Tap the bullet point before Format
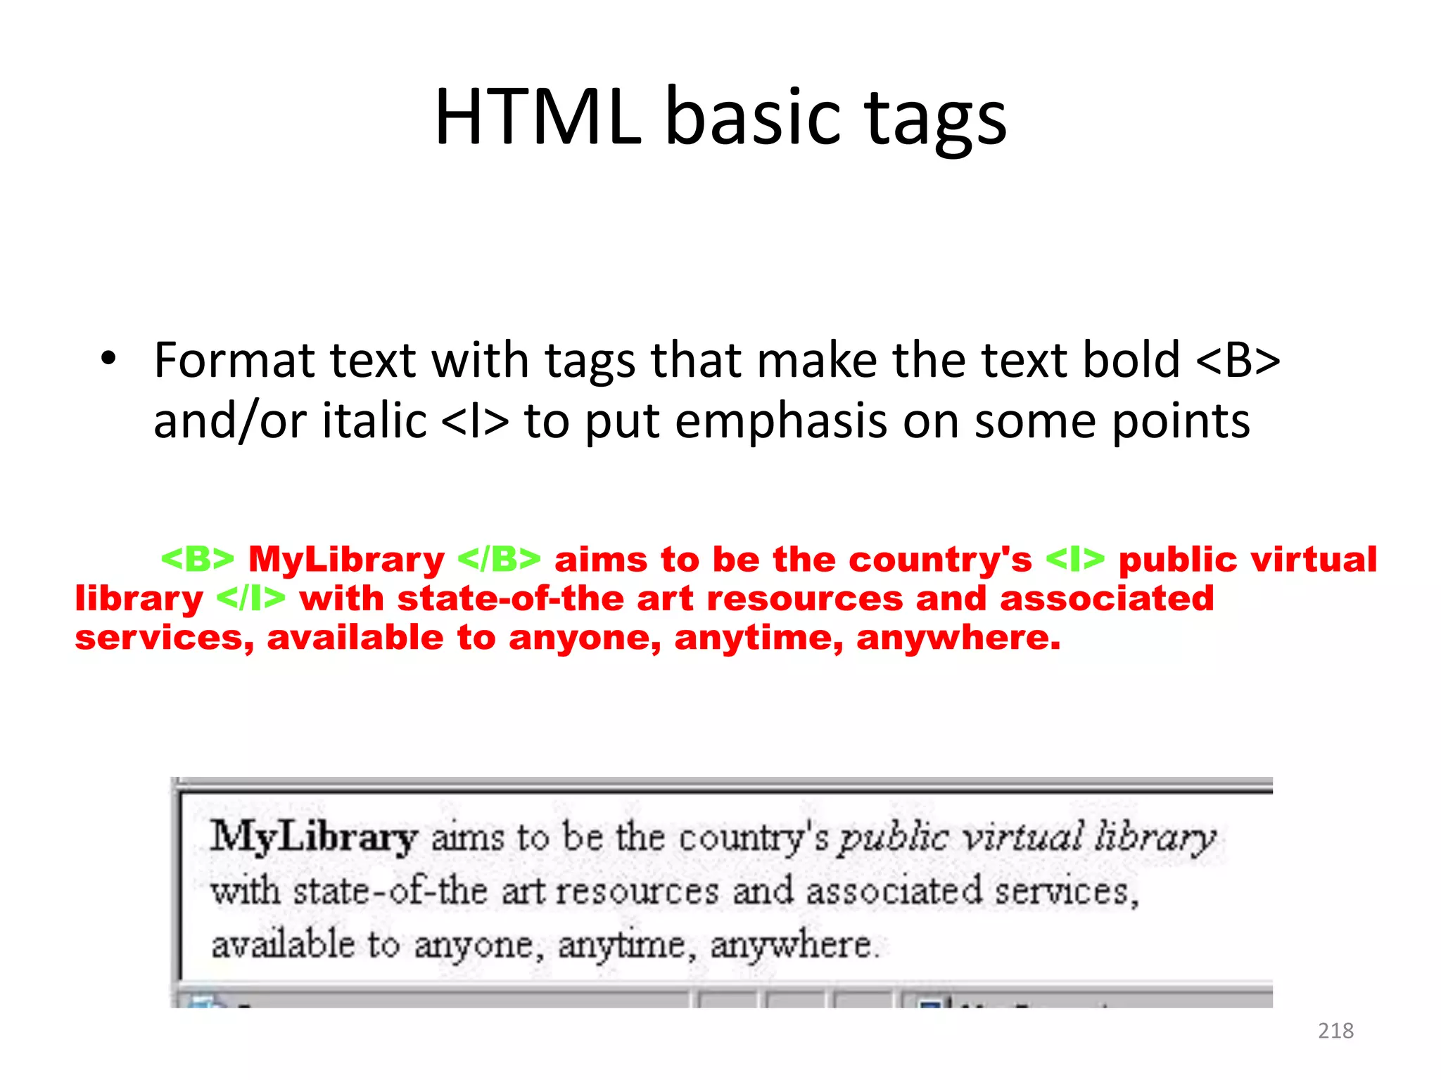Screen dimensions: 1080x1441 pyautogui.click(x=108, y=358)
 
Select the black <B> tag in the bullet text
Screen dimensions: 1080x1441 pyautogui.click(x=1238, y=360)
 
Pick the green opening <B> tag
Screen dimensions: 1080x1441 pyautogui.click(x=197, y=559)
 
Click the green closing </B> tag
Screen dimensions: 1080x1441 pyautogui.click(x=499, y=559)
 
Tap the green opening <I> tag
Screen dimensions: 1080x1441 pyautogui.click(x=1074, y=559)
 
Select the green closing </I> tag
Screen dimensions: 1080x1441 pyautogui.click(x=250, y=598)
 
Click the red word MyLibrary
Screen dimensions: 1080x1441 pyautogui.click(x=346, y=560)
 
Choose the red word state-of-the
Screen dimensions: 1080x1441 pyautogui.click(x=509, y=598)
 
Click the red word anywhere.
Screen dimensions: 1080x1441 pyautogui.click(x=958, y=638)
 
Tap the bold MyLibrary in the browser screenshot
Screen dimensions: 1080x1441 pyautogui.click(x=314, y=837)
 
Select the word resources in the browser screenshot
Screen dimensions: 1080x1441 pyautogui.click(x=637, y=892)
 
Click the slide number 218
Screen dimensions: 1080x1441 pyautogui.click(x=1335, y=1031)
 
